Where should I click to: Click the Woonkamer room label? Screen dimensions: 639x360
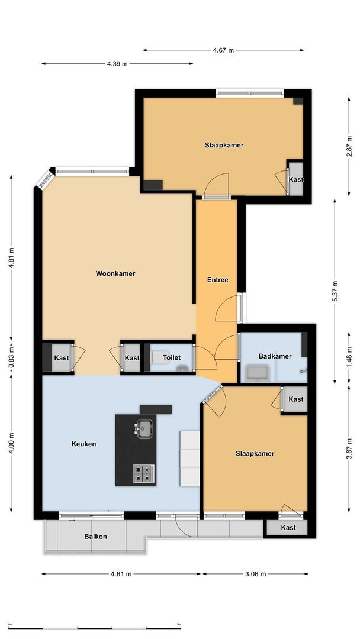click(115, 273)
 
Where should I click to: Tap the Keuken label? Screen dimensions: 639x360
click(83, 444)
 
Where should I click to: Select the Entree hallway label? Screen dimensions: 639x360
click(217, 280)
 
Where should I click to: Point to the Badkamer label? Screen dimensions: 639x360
click(275, 356)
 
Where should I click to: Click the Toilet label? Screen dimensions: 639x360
click(172, 358)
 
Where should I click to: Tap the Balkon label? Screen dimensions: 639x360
click(95, 537)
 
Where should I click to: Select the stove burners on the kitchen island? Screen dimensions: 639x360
click(143, 473)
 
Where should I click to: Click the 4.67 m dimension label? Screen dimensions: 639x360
click(223, 50)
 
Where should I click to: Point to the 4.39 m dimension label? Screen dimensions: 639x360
click(117, 64)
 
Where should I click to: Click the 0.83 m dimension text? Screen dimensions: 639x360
click(11, 357)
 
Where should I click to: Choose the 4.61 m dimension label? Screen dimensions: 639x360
click(121, 574)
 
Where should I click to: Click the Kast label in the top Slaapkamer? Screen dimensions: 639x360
click(295, 180)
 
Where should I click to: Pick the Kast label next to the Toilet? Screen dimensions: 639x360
click(132, 358)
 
